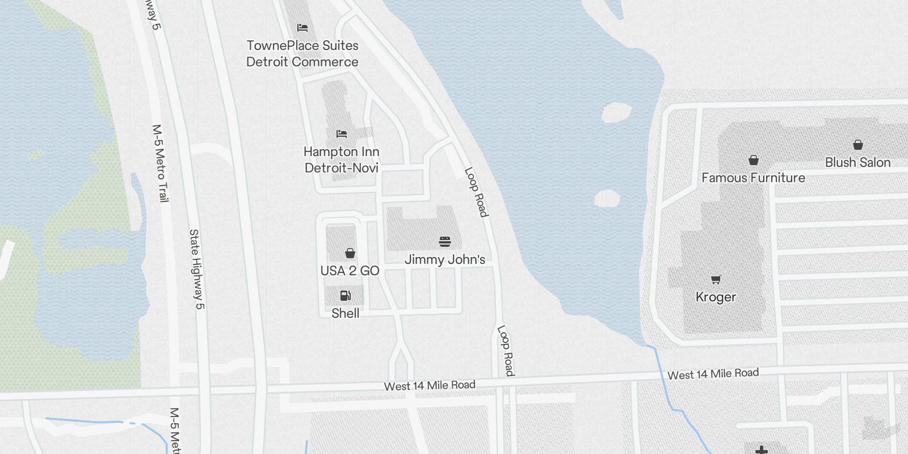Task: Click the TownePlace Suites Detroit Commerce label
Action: (302, 53)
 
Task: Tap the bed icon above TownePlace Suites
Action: (302, 27)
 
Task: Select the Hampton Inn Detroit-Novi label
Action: (342, 159)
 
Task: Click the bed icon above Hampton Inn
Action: (342, 134)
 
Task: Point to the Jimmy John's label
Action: (445, 259)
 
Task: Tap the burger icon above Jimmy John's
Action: (445, 242)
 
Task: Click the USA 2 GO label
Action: (350, 271)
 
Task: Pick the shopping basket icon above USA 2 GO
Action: (350, 253)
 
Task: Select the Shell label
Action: (345, 313)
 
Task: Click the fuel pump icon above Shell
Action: (345, 295)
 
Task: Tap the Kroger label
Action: (716, 297)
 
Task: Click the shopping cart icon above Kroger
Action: (716, 279)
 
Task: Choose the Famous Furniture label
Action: (753, 178)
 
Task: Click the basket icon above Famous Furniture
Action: (753, 160)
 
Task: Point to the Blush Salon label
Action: (857, 162)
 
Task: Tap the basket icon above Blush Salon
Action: (858, 145)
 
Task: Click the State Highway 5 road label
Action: (196, 269)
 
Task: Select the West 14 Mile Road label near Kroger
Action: (713, 373)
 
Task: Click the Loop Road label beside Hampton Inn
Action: (476, 192)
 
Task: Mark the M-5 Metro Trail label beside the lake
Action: (160, 163)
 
